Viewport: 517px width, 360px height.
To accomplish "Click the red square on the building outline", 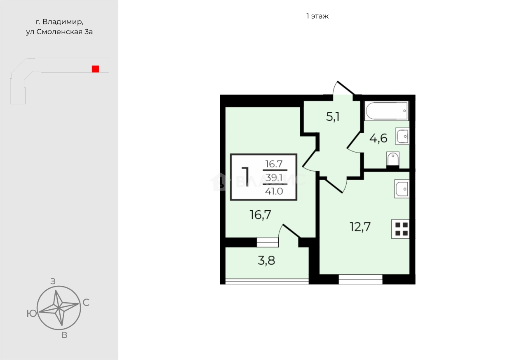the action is click(95, 69).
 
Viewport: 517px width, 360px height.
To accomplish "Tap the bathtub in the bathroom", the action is click(386, 111).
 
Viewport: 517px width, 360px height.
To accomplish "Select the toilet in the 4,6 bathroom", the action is click(392, 159).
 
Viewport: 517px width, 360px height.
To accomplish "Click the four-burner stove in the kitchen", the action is click(400, 229).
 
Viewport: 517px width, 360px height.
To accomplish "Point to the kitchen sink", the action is click(402, 189).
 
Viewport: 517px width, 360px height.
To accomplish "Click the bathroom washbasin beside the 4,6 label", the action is click(402, 136).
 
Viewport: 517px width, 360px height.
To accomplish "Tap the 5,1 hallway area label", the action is click(333, 117).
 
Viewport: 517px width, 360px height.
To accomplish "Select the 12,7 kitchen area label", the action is click(360, 226).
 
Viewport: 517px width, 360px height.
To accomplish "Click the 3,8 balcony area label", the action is click(266, 261).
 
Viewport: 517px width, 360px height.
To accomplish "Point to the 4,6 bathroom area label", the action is click(378, 138).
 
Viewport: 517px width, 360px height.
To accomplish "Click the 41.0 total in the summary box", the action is click(274, 191).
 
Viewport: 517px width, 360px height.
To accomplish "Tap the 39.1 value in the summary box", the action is click(274, 178).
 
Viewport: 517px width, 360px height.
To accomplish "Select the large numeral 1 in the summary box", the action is click(246, 177).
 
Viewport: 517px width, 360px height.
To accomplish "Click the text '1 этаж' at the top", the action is click(317, 16).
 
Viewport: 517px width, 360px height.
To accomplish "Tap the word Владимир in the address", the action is click(63, 22).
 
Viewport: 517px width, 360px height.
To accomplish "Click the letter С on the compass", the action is click(86, 303).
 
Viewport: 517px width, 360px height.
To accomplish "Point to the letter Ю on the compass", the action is click(32, 313).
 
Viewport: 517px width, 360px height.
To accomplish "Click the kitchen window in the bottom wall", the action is click(360, 279).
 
